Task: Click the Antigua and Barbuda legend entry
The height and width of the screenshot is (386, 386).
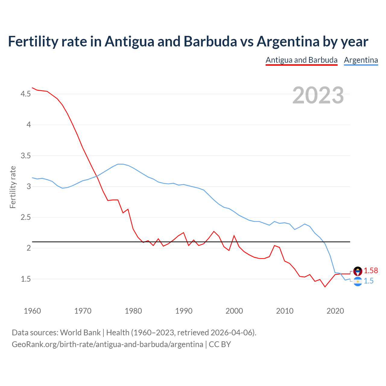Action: [x=301, y=60]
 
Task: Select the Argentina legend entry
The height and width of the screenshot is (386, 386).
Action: [x=361, y=60]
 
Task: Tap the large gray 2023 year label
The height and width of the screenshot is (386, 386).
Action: [x=318, y=95]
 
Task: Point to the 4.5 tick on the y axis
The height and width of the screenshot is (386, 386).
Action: [x=26, y=94]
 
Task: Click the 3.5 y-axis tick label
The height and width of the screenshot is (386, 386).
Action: [x=26, y=156]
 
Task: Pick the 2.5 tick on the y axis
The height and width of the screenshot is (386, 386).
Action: [x=26, y=217]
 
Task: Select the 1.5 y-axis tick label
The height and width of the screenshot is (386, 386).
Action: [x=26, y=279]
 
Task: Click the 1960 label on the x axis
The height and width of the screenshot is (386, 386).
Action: [x=32, y=311]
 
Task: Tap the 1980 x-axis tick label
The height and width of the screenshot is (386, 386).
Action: [x=133, y=311]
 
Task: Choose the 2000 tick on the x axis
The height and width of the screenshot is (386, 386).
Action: [x=234, y=311]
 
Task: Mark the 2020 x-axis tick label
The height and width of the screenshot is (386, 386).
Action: [x=335, y=311]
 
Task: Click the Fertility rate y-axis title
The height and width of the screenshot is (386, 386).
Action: [x=13, y=187]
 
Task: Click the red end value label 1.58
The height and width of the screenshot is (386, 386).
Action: [x=371, y=271]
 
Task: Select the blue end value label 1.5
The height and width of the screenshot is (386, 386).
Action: [x=369, y=281]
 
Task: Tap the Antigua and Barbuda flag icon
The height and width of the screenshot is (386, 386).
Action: [x=358, y=271]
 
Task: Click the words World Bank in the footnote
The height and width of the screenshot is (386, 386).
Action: [x=80, y=333]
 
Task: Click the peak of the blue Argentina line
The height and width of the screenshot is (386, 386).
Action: [x=120, y=164]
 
